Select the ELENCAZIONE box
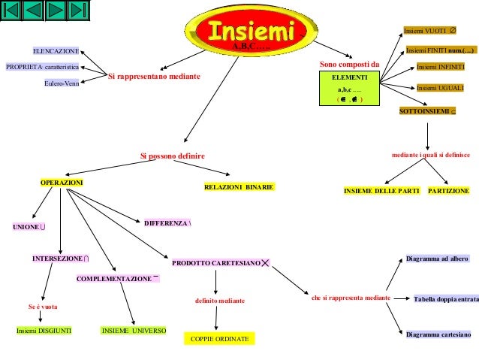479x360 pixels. (55, 50)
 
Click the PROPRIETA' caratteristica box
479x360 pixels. (43, 67)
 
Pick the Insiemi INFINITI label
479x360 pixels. (441, 67)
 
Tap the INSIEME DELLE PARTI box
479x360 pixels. (381, 192)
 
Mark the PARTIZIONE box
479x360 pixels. (448, 192)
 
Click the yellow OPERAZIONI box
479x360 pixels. (62, 183)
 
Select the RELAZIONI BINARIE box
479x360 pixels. (239, 186)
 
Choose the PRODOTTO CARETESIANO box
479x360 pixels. (221, 263)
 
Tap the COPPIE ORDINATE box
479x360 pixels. (217, 340)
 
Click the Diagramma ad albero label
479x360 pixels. (437, 259)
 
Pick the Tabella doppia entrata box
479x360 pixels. (446, 299)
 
